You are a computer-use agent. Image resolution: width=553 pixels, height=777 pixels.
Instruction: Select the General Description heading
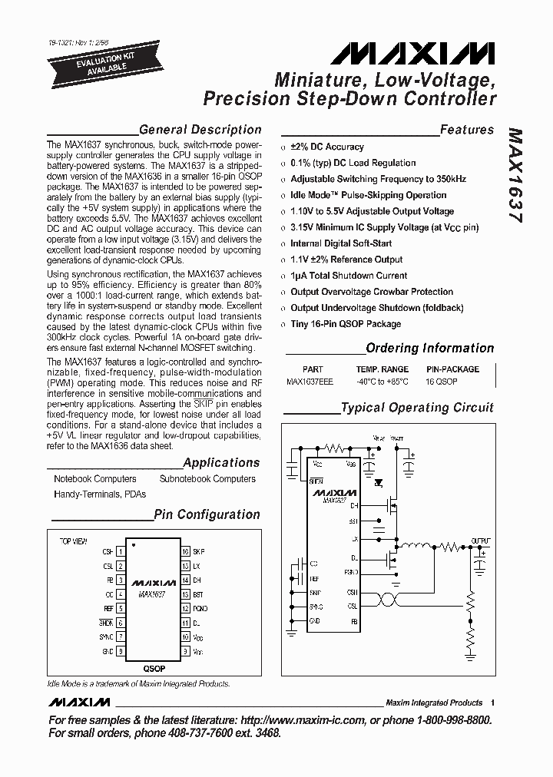pyautogui.click(x=200, y=130)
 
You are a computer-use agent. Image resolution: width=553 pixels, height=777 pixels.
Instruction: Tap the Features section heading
pyautogui.click(x=466, y=130)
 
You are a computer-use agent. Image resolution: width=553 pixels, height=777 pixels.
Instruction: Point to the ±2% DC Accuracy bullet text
pyautogui.click(x=327, y=147)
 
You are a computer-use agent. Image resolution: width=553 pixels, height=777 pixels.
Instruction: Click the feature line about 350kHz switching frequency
pyautogui.click(x=378, y=179)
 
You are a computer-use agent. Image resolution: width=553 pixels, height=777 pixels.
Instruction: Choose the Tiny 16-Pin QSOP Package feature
pyautogui.click(x=346, y=324)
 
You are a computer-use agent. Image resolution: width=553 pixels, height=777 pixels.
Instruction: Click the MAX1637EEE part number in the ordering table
pyautogui.click(x=310, y=382)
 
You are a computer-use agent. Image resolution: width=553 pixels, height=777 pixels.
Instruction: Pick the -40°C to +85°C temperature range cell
pyautogui.click(x=382, y=382)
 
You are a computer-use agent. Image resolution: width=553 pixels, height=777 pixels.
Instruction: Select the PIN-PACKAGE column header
pyautogui.click(x=452, y=369)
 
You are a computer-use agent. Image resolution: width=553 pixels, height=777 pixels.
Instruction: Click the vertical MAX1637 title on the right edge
pyautogui.click(x=515, y=175)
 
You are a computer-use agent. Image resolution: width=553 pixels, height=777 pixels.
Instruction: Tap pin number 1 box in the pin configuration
pyautogui.click(x=121, y=552)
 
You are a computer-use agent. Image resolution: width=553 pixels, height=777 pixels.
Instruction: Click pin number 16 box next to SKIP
pyautogui.click(x=185, y=552)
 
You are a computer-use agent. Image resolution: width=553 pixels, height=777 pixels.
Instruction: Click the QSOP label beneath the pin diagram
pyautogui.click(x=153, y=668)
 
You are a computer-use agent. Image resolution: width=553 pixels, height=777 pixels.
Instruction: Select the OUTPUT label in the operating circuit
pyautogui.click(x=480, y=541)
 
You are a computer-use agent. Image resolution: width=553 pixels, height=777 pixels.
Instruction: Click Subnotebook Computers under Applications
pyautogui.click(x=207, y=479)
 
